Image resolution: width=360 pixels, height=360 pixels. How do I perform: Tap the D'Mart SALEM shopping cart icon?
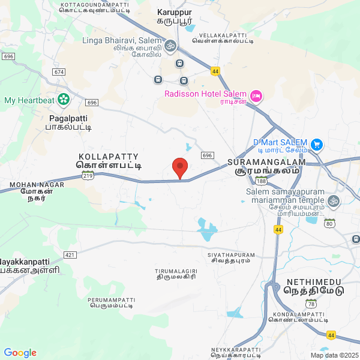click(317, 144)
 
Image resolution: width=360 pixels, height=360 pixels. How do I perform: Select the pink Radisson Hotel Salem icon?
click(256, 96)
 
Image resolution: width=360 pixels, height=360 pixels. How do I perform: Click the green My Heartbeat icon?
click(64, 100)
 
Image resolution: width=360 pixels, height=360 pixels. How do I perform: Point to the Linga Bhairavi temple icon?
click(170, 45)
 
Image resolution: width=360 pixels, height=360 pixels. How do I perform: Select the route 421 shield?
click(70, 255)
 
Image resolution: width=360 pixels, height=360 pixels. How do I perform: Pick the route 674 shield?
click(58, 72)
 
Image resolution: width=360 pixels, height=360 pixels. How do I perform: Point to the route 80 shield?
click(329, 224)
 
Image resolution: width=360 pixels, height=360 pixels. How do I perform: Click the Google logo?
click(20, 353)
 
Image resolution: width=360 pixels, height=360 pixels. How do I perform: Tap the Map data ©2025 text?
click(334, 355)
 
